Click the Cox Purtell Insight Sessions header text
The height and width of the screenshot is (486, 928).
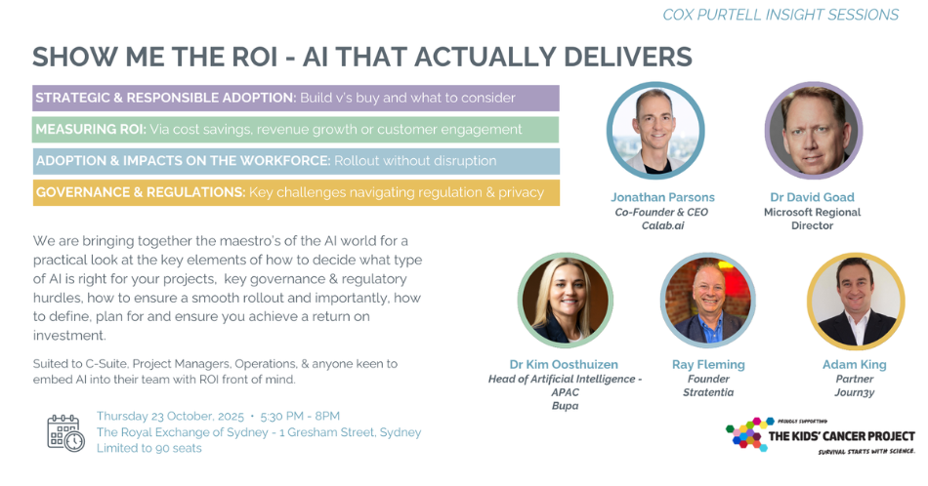(x=780, y=15)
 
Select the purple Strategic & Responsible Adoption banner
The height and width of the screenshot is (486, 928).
(x=296, y=99)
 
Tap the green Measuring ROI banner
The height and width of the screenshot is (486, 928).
(x=295, y=130)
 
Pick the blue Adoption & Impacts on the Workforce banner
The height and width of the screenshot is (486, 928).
(x=296, y=161)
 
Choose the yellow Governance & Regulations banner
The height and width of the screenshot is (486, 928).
(x=296, y=193)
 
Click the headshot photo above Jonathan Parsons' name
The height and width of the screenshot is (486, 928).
(x=655, y=131)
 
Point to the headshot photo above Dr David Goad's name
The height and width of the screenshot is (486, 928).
(x=813, y=131)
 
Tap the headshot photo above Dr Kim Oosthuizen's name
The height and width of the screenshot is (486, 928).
(x=566, y=300)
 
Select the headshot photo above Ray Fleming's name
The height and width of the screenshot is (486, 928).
(x=708, y=300)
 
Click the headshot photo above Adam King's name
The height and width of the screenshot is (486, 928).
(x=856, y=301)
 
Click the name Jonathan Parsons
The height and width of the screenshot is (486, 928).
(x=663, y=197)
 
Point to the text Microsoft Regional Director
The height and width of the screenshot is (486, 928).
(x=812, y=219)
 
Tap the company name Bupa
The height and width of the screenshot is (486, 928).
(x=566, y=406)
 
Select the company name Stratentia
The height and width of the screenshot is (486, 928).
(x=708, y=392)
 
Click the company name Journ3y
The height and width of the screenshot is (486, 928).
(x=855, y=392)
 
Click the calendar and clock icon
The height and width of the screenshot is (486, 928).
(x=65, y=432)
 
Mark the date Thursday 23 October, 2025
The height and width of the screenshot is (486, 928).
(x=170, y=417)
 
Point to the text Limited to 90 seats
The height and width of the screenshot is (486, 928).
(x=149, y=448)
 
